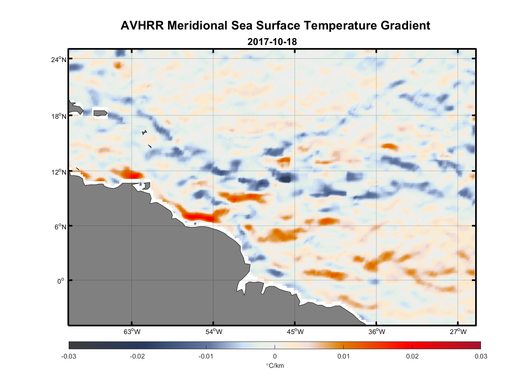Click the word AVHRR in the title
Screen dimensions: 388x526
(142, 26)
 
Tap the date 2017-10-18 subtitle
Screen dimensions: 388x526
(272, 42)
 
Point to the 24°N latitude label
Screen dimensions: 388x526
(59, 59)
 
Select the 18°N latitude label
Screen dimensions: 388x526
(59, 116)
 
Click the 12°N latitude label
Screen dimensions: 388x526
(59, 172)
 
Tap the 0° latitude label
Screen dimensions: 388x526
(61, 281)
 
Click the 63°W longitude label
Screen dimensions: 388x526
(132, 332)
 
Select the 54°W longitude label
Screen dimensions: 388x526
(214, 332)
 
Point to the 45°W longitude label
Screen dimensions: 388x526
(295, 332)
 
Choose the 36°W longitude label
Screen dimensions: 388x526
(377, 332)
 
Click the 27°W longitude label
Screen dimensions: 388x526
(458, 332)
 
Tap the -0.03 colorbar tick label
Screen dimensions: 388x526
(69, 356)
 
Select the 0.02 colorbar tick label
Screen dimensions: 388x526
(412, 356)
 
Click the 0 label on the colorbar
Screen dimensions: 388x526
(275, 356)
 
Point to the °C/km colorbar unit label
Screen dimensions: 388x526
(275, 365)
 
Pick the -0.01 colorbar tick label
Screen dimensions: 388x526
(206, 356)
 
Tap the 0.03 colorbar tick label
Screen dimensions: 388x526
(481, 356)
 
